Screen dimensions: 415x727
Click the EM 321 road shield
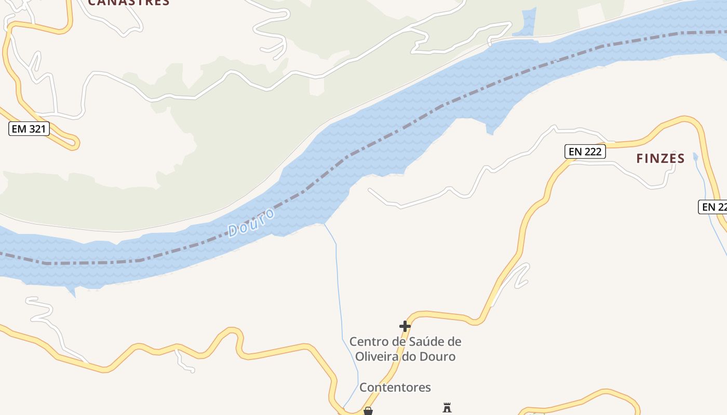29,129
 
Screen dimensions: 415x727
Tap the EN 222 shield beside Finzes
585,151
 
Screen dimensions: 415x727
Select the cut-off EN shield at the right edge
713,207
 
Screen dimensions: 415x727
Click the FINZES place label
661,159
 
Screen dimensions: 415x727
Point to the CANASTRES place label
129,2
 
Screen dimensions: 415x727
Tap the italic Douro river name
251,223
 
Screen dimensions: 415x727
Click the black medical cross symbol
405,326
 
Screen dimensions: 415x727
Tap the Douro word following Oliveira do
438,357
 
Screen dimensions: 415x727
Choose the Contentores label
395,388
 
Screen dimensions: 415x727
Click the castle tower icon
447,408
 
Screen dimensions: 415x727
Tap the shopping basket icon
368,411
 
